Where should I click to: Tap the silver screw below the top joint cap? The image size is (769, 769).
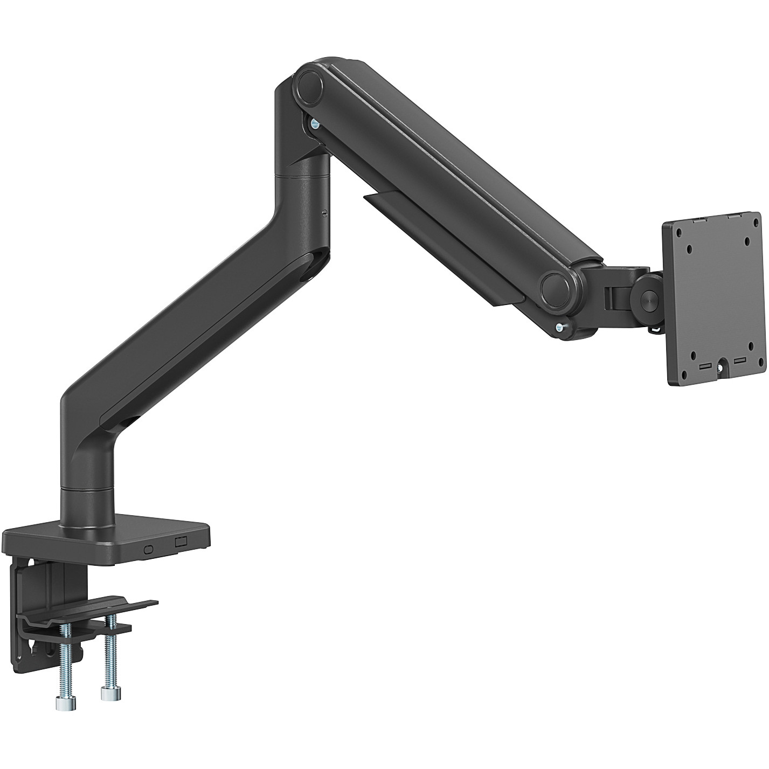(x=315, y=124)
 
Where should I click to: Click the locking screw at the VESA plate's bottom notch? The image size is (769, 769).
(x=720, y=368)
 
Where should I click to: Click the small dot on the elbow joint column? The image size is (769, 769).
(x=324, y=213)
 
